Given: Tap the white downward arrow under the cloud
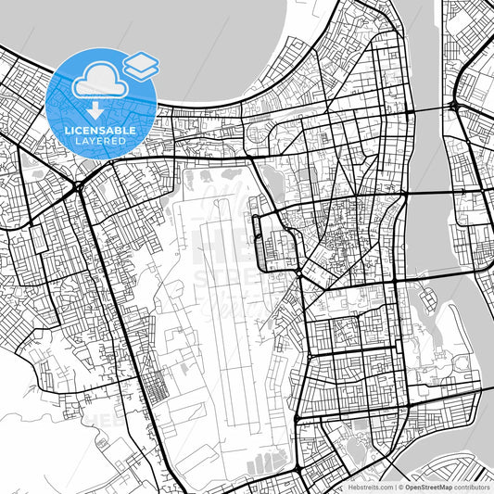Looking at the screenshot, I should tap(97, 108).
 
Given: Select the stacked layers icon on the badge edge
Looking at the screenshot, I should tap(140, 64).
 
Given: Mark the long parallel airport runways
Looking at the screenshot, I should tap(227, 306).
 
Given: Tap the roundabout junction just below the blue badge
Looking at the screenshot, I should tap(80, 188).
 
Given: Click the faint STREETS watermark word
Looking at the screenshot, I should tap(227, 278).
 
